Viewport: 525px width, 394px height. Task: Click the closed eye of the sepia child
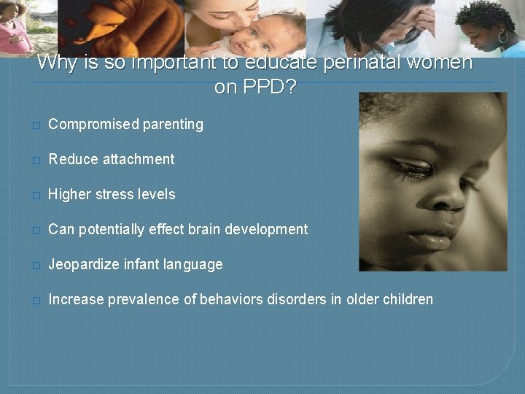pos(412,170)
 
